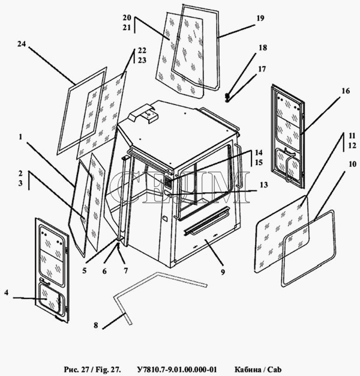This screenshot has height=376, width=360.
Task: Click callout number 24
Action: tap(22, 44)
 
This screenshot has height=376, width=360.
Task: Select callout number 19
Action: tap(260, 19)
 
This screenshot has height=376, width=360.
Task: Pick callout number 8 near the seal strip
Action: tap(95, 326)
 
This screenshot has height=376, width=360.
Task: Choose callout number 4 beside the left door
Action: tap(6, 293)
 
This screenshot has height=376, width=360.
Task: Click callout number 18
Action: tap(262, 47)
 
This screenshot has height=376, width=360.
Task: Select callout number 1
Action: tap(21, 137)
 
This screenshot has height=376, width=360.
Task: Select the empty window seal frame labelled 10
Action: tap(309, 247)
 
